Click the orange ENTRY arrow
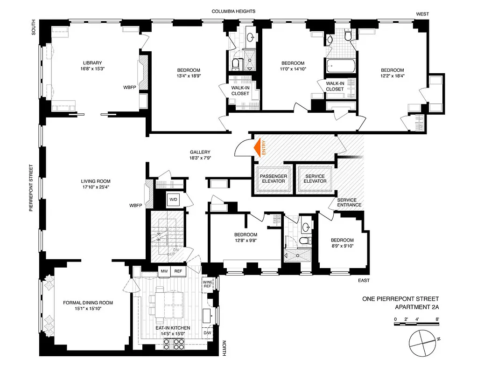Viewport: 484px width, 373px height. click(x=257, y=148)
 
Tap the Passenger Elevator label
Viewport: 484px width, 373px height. click(x=273, y=178)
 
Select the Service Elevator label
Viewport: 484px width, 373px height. click(x=312, y=178)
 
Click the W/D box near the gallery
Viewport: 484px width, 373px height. click(x=173, y=200)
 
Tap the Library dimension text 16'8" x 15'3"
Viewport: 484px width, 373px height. click(x=92, y=69)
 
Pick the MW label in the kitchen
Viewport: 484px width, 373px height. click(x=164, y=271)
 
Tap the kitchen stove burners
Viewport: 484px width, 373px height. click(x=172, y=344)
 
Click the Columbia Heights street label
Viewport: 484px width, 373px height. click(x=233, y=11)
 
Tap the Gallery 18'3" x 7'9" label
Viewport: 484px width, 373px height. click(x=200, y=155)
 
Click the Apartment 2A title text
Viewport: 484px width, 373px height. click(x=417, y=307)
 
